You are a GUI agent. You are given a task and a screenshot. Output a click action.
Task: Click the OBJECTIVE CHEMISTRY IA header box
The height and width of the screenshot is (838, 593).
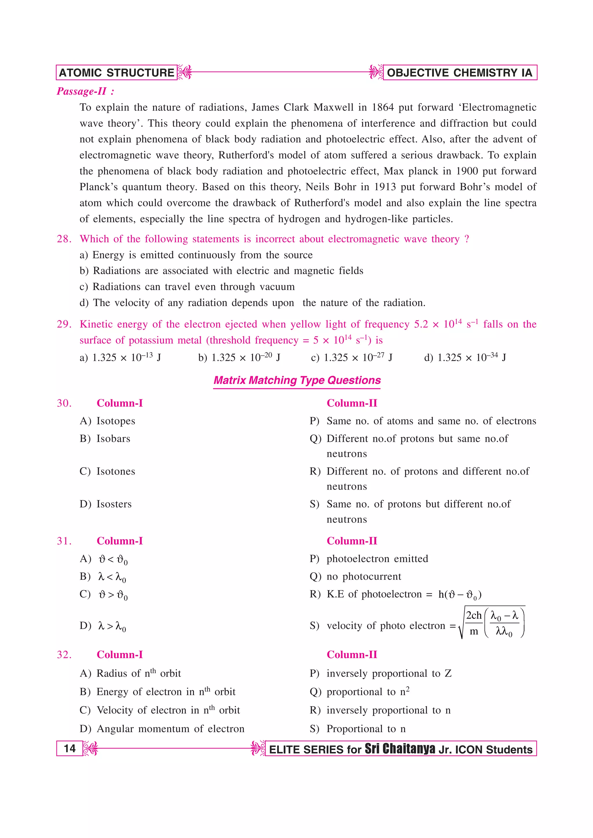[x=459, y=73]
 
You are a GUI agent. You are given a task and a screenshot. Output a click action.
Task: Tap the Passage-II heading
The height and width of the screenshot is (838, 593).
[x=85, y=91]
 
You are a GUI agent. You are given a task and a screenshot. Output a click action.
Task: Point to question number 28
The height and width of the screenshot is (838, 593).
[x=64, y=239]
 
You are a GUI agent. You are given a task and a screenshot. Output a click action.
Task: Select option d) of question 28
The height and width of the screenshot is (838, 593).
[x=252, y=303]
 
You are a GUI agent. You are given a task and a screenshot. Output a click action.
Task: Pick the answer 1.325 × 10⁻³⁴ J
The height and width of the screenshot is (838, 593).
[x=465, y=357]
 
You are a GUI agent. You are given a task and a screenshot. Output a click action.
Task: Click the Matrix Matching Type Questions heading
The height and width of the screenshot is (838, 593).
[x=297, y=380]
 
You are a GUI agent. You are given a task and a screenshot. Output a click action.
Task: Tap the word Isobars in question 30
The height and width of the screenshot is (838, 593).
[x=113, y=439]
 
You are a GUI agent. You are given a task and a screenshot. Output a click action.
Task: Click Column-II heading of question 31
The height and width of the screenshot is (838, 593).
[x=352, y=541]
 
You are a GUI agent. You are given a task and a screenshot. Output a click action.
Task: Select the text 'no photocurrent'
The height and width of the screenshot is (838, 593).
[x=364, y=577]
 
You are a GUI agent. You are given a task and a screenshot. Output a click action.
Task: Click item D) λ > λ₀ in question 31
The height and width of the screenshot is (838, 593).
[x=111, y=626]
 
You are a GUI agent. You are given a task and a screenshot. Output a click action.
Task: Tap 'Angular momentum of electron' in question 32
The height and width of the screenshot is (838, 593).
[x=170, y=729]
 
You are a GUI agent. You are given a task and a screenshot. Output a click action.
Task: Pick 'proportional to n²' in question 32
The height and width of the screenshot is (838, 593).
[x=367, y=692]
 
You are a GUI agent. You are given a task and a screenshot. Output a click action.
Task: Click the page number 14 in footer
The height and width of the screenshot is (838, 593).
[x=69, y=749]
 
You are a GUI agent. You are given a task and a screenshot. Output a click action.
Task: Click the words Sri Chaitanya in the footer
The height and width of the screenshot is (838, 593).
[x=399, y=749]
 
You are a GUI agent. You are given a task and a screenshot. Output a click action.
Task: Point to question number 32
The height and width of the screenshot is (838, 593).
[x=64, y=655]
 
